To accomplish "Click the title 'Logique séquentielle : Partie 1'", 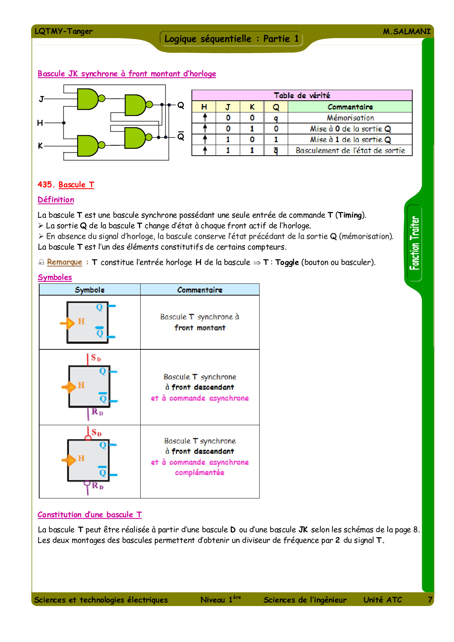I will point(231,39).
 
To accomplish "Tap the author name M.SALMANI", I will point(406,31).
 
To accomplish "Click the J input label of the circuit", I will point(41,99).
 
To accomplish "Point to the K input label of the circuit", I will point(40,146).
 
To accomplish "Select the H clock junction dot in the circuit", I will point(64,123).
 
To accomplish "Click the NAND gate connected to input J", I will point(88,99).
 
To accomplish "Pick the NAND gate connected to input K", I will point(88,146).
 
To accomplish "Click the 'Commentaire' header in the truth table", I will point(350,107).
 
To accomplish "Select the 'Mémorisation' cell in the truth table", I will point(350,118).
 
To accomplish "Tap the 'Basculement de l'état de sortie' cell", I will point(350,151).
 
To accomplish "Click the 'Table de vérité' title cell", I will point(302,96).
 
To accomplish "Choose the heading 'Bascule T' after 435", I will point(76,185).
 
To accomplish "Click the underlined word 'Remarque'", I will point(64,262).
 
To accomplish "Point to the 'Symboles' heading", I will point(55,277).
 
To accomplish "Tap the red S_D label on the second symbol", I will point(96,358).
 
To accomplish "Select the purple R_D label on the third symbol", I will point(97,486).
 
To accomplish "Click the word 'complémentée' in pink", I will point(200,472).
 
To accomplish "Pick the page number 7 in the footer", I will point(430,600).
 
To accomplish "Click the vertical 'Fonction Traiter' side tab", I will point(414,243).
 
